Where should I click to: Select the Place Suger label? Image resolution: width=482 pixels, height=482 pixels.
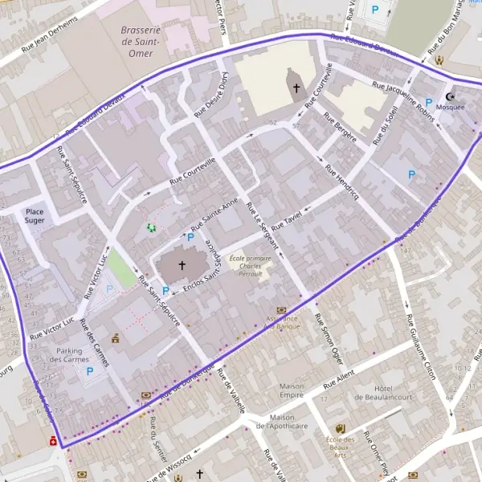(x=34, y=214)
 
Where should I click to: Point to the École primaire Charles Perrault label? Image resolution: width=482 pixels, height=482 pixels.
(x=251, y=266)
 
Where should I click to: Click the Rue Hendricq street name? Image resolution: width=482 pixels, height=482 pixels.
(x=341, y=182)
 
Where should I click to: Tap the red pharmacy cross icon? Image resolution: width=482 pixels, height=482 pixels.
(x=52, y=440)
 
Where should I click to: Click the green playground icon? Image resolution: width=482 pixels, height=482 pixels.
(x=150, y=228)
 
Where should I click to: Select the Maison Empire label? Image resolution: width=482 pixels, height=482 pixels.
(x=292, y=390)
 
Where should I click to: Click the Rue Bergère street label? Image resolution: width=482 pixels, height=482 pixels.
(x=340, y=128)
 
